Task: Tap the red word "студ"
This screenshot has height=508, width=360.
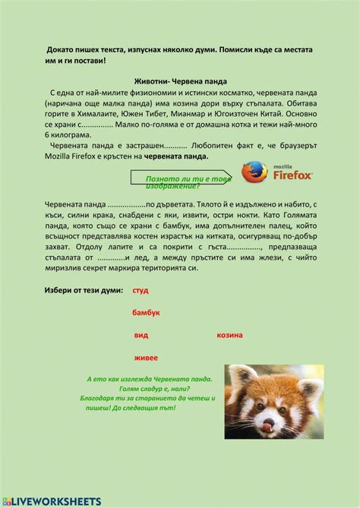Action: pos(140,291)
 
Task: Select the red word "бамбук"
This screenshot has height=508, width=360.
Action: pos(146,313)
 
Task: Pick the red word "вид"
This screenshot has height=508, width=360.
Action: pos(141,335)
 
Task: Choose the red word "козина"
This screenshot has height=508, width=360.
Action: pos(229,335)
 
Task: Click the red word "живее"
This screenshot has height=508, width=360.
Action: pos(145,357)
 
